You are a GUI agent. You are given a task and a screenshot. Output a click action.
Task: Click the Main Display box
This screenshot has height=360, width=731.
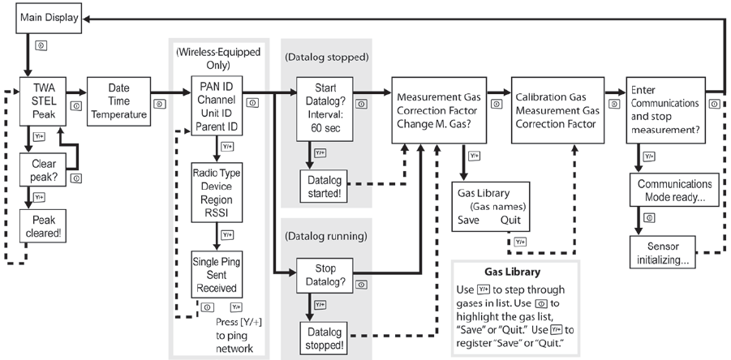pos(49,19)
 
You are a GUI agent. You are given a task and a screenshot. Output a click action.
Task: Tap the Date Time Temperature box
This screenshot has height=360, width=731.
pos(119,101)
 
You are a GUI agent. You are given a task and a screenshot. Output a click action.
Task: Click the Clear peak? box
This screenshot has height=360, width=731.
pos(43,170)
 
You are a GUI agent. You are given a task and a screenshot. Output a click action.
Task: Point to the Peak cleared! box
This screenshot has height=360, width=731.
pos(43,226)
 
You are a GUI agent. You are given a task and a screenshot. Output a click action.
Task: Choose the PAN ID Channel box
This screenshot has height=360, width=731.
pos(217,106)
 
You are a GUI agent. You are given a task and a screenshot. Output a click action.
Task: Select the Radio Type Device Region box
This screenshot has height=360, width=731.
pos(217,193)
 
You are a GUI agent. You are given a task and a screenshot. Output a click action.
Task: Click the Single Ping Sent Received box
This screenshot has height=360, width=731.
pos(217,275)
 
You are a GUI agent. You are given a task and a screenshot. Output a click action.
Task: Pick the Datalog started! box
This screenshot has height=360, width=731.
pos(325,186)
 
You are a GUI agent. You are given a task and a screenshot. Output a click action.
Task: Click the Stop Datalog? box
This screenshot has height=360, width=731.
pos(325,275)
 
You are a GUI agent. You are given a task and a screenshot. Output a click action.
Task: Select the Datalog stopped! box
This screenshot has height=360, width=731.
pos(325,339)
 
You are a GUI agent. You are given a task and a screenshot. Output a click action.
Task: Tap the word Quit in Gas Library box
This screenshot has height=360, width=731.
pos(510,220)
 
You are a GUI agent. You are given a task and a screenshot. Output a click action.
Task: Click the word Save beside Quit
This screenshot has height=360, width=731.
pos(468,220)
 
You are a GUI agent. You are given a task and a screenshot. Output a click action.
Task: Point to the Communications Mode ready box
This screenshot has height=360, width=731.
pos(674,190)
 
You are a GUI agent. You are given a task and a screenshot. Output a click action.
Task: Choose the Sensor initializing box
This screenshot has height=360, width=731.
pos(663,252)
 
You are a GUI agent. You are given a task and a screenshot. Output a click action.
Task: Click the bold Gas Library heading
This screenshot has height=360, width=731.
pos(513,272)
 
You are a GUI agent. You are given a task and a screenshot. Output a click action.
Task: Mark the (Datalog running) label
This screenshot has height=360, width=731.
pos(326,236)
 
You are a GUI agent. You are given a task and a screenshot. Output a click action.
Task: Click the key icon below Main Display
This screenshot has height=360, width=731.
pos(41,46)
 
